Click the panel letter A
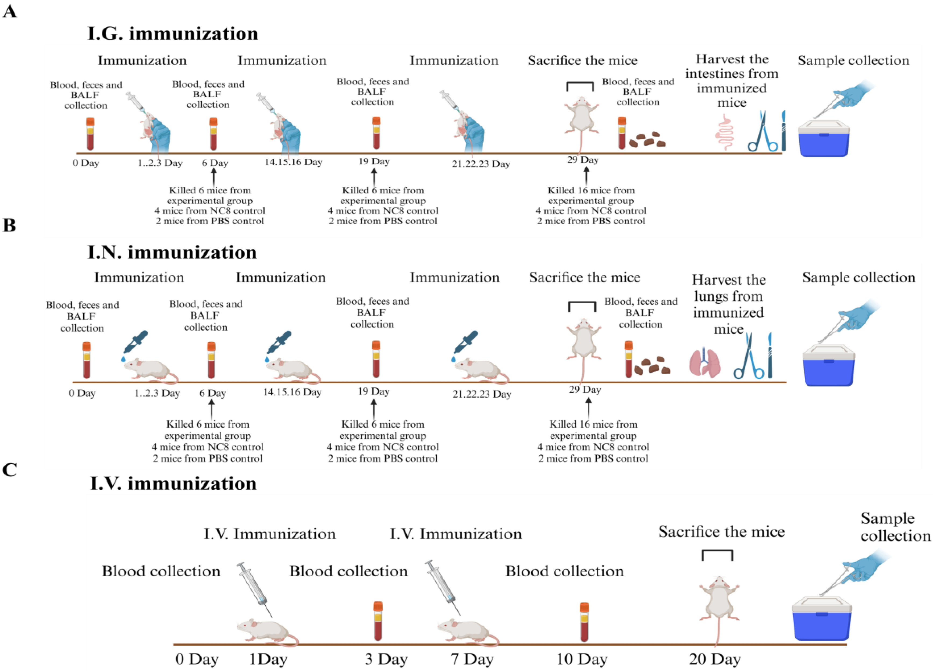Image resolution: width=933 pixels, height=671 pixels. [10, 12]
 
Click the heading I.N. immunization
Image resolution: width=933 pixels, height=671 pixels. [172, 252]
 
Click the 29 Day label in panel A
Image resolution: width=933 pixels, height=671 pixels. [582, 160]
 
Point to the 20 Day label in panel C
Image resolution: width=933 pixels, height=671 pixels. [715, 659]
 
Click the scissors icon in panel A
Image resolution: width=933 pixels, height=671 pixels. [762, 132]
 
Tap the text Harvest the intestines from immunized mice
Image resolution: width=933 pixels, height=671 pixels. [731, 81]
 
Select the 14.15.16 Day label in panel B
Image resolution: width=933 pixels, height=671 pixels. [292, 392]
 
